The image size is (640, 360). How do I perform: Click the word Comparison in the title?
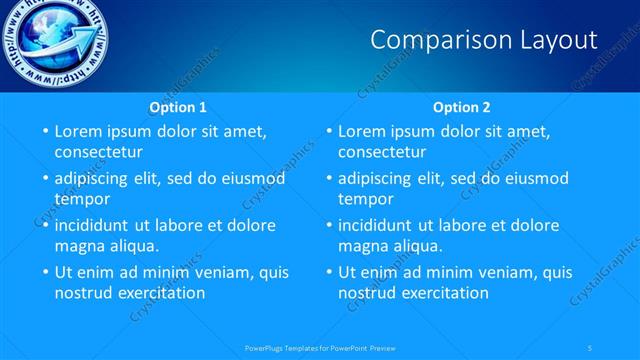coord(427,40)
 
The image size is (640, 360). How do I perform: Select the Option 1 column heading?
coord(178,107)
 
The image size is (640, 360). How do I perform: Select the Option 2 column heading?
coord(461,107)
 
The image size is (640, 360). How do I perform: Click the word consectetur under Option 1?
coord(98,152)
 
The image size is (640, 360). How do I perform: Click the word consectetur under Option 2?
coord(382,152)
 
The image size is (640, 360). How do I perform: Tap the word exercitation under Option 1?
coord(158,293)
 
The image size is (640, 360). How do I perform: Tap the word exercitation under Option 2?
coord(442,293)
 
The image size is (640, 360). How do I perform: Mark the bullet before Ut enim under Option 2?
coord(329,272)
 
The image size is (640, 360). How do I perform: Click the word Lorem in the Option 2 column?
coord(362,130)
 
